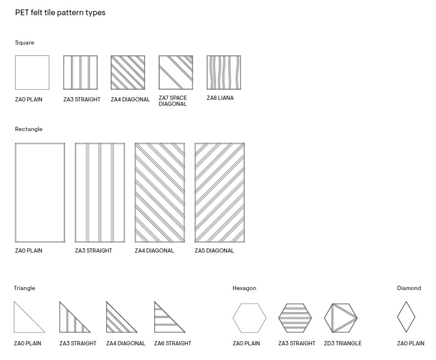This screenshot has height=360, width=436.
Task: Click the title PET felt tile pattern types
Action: click(x=60, y=13)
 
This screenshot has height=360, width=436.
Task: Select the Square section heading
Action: click(x=24, y=43)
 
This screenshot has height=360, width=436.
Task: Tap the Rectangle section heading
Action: click(x=29, y=129)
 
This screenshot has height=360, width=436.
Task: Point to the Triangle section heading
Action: click(x=24, y=288)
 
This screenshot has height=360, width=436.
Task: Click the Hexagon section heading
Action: click(x=244, y=288)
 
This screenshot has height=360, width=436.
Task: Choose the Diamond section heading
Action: click(x=409, y=288)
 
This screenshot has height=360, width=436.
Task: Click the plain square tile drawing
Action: click(x=32, y=72)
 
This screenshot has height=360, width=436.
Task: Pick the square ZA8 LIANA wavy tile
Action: click(x=224, y=72)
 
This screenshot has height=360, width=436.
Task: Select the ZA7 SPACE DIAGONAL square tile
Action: click(x=176, y=72)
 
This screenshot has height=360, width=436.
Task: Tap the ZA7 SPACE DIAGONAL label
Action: click(x=173, y=101)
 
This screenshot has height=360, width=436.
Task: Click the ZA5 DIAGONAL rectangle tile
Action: click(x=219, y=192)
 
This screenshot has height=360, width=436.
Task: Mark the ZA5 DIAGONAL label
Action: click(x=214, y=250)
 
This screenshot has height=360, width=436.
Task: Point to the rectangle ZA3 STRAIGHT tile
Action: click(x=100, y=192)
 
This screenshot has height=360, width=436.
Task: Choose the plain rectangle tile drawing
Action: click(x=40, y=192)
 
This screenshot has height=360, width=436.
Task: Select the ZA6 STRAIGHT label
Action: click(x=173, y=343)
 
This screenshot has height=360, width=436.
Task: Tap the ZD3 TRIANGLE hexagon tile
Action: click(x=341, y=318)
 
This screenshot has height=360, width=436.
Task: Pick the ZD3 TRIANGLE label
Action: click(x=343, y=343)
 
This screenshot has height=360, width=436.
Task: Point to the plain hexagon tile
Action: click(x=249, y=318)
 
